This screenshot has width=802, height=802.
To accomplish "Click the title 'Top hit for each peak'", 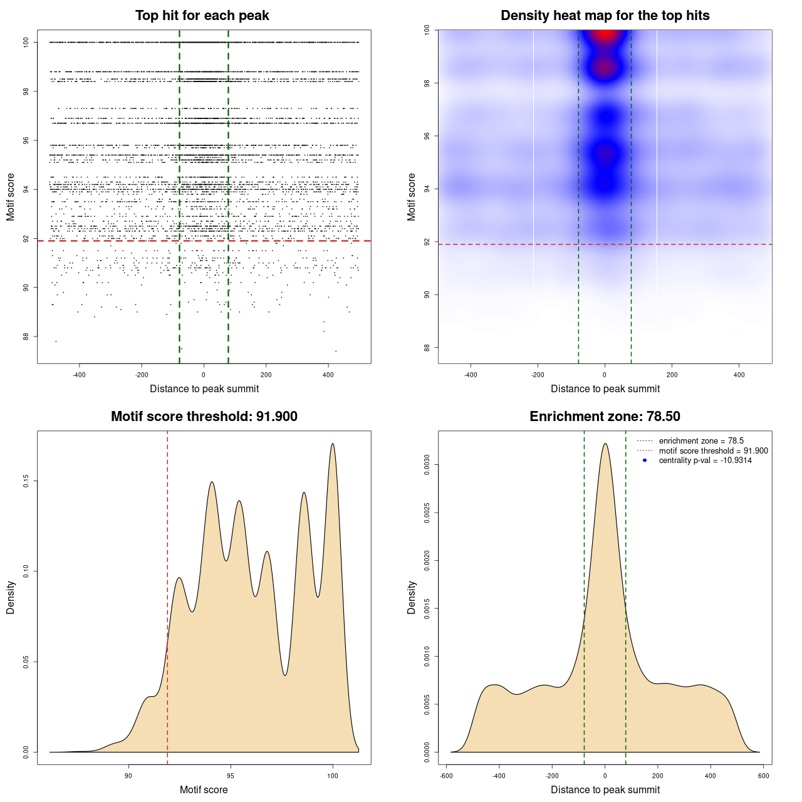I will click(202, 16).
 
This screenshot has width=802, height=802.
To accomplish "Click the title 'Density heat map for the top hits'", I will click(605, 16).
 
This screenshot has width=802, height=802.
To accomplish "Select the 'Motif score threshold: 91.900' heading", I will click(204, 417).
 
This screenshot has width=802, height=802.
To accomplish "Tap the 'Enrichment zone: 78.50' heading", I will click(605, 417).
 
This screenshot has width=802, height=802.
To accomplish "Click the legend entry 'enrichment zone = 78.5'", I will click(701, 441).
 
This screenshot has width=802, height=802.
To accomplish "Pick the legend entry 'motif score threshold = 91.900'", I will click(713, 451).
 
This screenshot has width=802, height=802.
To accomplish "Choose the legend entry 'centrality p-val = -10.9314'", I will click(705, 461).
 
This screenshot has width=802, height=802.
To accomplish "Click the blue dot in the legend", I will click(645, 461).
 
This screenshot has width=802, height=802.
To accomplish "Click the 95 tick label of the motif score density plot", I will click(231, 776).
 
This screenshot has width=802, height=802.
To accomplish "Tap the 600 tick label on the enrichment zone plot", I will click(763, 776).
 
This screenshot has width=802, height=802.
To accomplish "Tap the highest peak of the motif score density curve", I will click(333, 444).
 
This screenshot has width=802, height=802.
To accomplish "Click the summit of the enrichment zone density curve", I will click(605, 444).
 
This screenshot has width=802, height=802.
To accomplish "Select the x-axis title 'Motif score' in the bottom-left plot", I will click(204, 789).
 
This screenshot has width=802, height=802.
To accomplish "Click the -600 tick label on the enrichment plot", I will click(446, 776).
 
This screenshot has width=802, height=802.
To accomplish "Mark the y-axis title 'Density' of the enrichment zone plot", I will click(412, 597).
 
